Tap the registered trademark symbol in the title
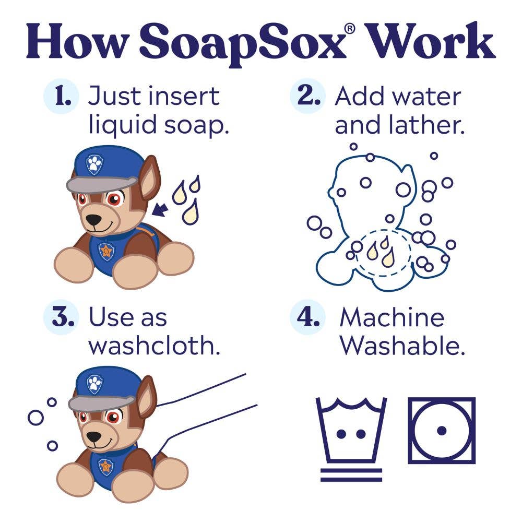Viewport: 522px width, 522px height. (349, 29)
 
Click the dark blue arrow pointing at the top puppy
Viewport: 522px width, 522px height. (160, 210)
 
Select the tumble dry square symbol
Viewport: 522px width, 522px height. (442, 430)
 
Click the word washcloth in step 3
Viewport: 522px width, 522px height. (154, 346)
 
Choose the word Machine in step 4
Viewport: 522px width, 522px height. (391, 318)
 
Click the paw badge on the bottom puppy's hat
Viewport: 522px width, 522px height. (94, 385)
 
